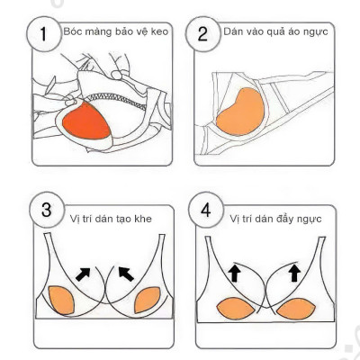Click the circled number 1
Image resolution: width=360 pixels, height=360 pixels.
(x=40, y=38)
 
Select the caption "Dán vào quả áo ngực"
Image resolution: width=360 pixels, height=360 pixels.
(x=274, y=33)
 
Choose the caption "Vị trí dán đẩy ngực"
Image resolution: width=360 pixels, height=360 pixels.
(x=275, y=219)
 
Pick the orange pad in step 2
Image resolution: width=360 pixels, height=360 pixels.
(x=236, y=113)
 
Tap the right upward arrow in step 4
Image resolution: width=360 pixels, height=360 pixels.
(x=293, y=271)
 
